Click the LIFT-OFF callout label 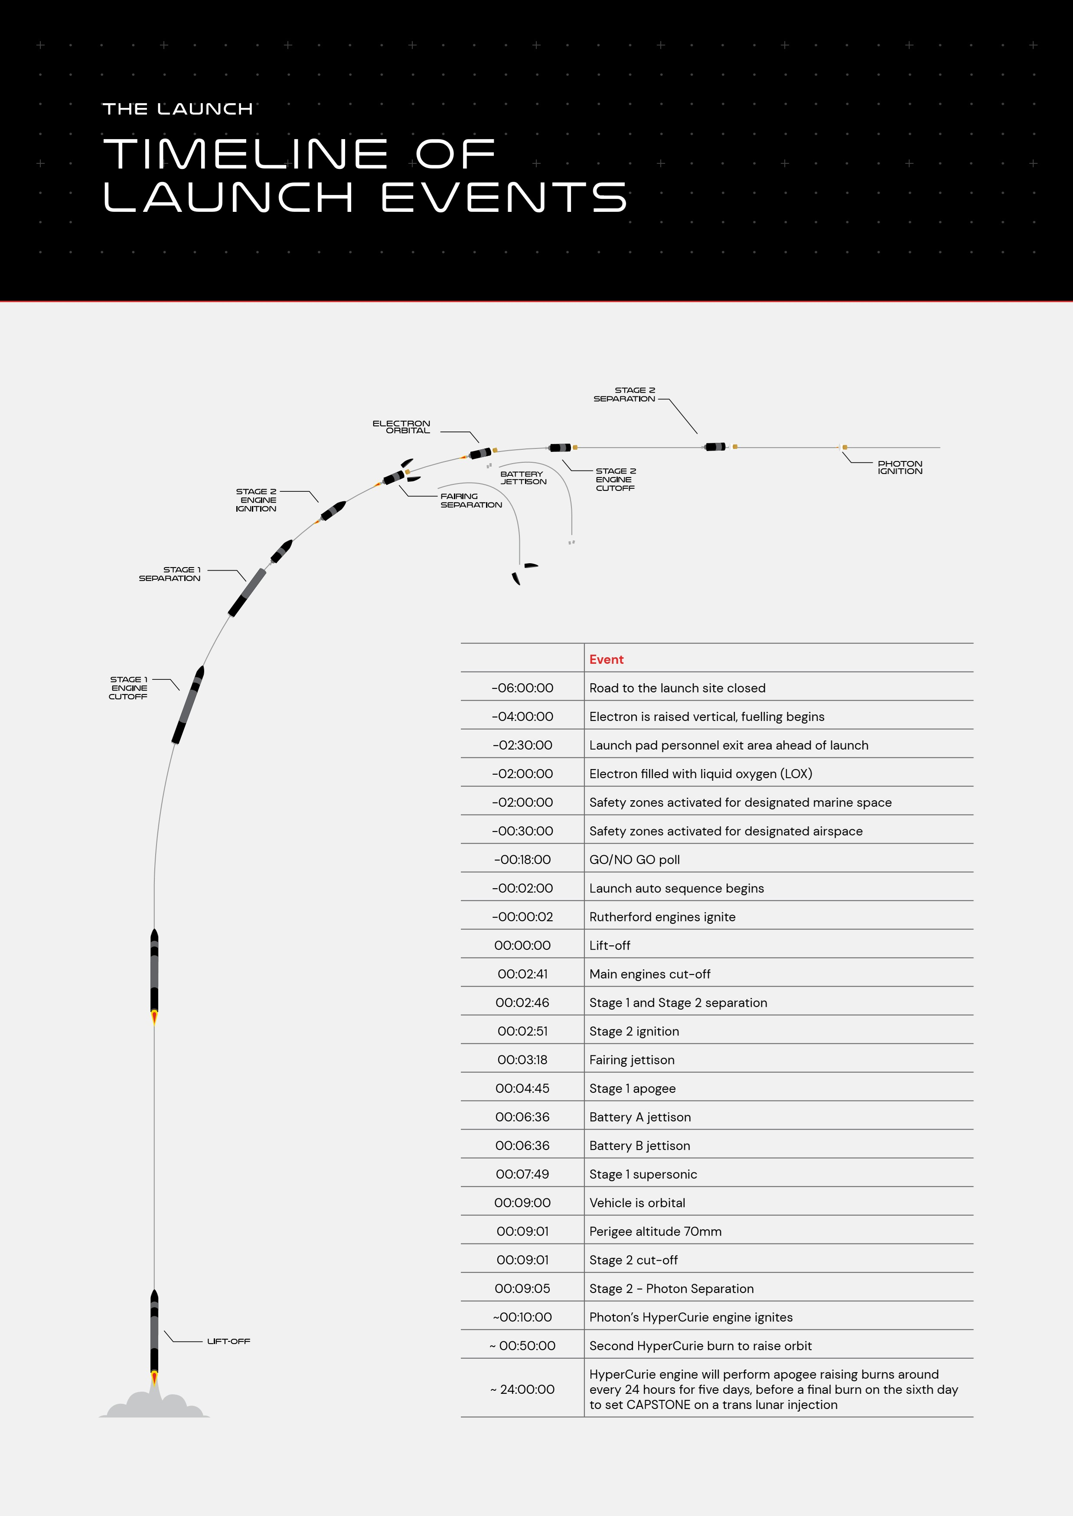coord(228,1341)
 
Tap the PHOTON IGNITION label coord(900,467)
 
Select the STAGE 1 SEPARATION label coord(170,574)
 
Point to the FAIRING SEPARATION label coord(471,500)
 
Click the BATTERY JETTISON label coord(523,478)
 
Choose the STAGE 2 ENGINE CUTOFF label coord(615,479)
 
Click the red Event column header coord(607,659)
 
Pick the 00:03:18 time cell coord(522,1060)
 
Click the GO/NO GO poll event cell coord(634,860)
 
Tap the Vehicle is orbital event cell coord(637,1203)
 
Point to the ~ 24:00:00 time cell coord(522,1389)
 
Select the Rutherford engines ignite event coord(662,917)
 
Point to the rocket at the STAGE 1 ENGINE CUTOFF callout coord(188,705)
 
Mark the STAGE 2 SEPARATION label coord(624,394)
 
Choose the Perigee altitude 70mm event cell coord(656,1231)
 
